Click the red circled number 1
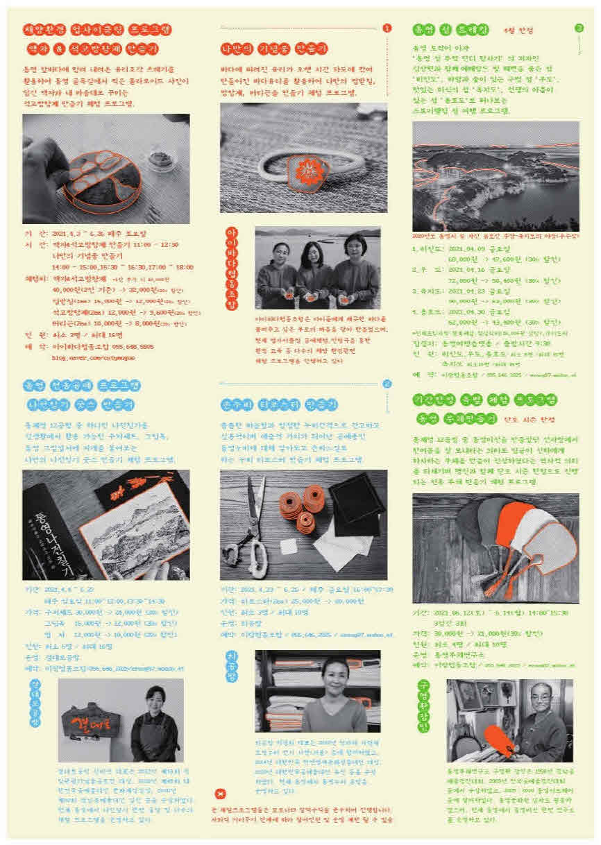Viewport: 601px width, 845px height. coord(387,28)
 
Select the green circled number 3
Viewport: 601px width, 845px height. coord(579,28)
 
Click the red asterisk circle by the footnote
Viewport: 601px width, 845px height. coord(221,794)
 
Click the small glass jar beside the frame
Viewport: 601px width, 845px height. coord(164,155)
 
